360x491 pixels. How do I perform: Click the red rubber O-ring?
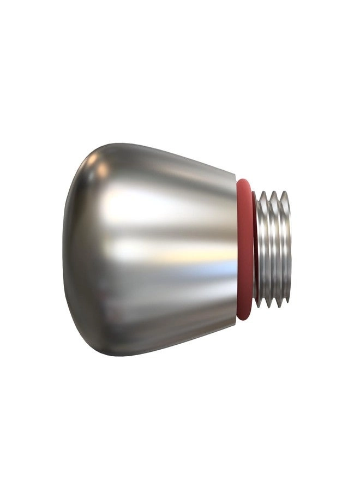coord(245,248)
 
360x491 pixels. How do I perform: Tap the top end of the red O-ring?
coord(244,181)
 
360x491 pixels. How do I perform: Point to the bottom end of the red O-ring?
coord(244,318)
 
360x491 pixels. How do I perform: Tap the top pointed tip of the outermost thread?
coord(284,192)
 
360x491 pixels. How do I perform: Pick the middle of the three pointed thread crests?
coord(273,248)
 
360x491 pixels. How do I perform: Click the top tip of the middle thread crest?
coord(274,192)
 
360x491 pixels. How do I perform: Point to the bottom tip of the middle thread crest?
coord(274,306)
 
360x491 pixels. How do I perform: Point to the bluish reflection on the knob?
coord(218,268)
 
